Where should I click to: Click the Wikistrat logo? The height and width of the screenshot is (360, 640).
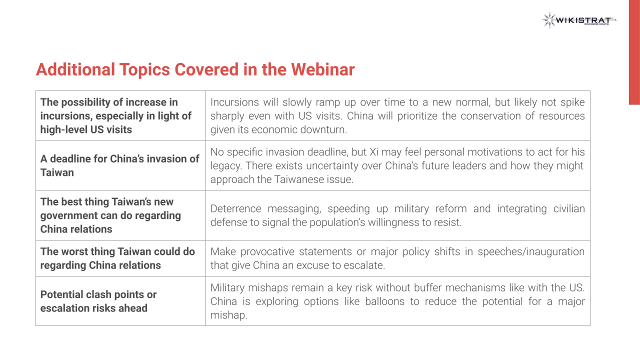point(579,20)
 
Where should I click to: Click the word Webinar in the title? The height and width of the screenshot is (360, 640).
point(323,69)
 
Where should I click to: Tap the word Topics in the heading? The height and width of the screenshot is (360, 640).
point(144,70)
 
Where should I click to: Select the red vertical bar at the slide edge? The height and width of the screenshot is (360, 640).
point(634,52)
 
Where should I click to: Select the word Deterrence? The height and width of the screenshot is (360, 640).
point(235,208)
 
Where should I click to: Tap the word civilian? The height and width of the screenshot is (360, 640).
point(569,208)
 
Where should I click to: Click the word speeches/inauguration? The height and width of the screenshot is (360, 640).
point(531,252)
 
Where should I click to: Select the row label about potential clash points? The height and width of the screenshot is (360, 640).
point(98,301)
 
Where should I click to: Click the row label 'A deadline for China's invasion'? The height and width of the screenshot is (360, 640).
point(119,165)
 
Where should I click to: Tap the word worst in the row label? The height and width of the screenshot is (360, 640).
point(73,251)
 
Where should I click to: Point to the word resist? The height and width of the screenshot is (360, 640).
point(447,222)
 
